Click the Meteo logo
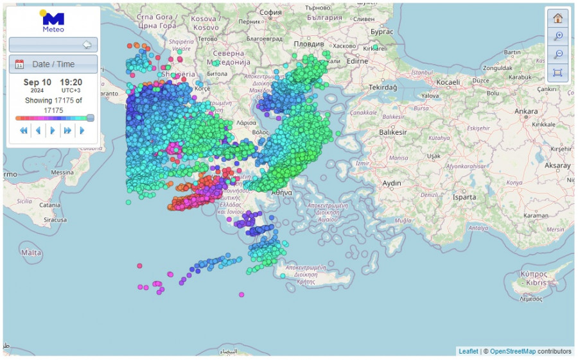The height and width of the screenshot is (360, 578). click(x=53, y=21)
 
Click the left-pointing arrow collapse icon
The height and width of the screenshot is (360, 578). click(x=87, y=45)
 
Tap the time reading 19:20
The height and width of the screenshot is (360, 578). click(x=71, y=82)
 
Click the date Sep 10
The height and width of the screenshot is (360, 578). click(x=37, y=82)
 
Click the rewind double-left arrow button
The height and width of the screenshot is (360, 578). click(x=24, y=130)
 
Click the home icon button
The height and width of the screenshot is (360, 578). click(x=557, y=18)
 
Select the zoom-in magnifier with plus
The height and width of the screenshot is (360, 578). click(x=557, y=36)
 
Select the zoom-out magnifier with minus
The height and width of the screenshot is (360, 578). click(x=557, y=54)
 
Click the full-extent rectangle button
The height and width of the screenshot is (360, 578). click(x=557, y=73)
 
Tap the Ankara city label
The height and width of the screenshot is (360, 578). click(x=525, y=111)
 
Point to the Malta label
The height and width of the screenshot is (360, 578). click(x=31, y=252)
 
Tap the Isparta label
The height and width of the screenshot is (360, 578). click(x=464, y=198)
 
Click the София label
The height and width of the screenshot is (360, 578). click(x=270, y=12)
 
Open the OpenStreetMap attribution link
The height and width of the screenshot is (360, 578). click(x=512, y=351)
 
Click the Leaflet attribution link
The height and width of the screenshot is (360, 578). click(x=468, y=351)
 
